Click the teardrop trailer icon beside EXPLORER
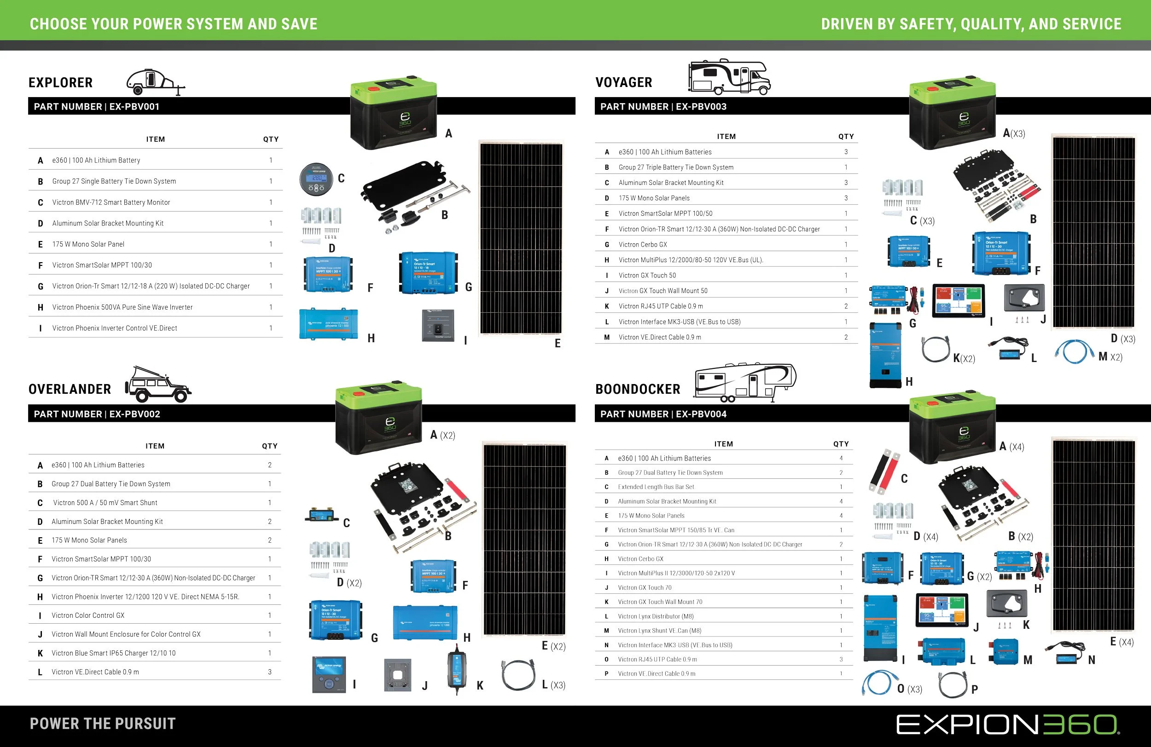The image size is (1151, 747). pos(155,82)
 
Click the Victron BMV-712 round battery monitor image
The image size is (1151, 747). pos(316,179)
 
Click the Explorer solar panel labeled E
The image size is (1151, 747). pos(521,238)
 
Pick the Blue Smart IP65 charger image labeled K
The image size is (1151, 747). pos(456,669)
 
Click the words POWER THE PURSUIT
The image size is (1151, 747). pos(103,724)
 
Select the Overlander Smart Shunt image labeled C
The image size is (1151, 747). pos(322,516)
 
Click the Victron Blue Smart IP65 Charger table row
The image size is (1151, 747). pos(114,653)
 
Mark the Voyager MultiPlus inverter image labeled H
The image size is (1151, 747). pos(885,355)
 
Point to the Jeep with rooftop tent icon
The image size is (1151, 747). pos(158,385)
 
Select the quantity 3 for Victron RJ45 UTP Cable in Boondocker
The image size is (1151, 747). pos(841,660)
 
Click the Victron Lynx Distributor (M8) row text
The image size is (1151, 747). pos(655,616)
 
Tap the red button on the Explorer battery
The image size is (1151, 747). pos(373,88)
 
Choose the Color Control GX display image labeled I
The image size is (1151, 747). pos(329,674)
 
